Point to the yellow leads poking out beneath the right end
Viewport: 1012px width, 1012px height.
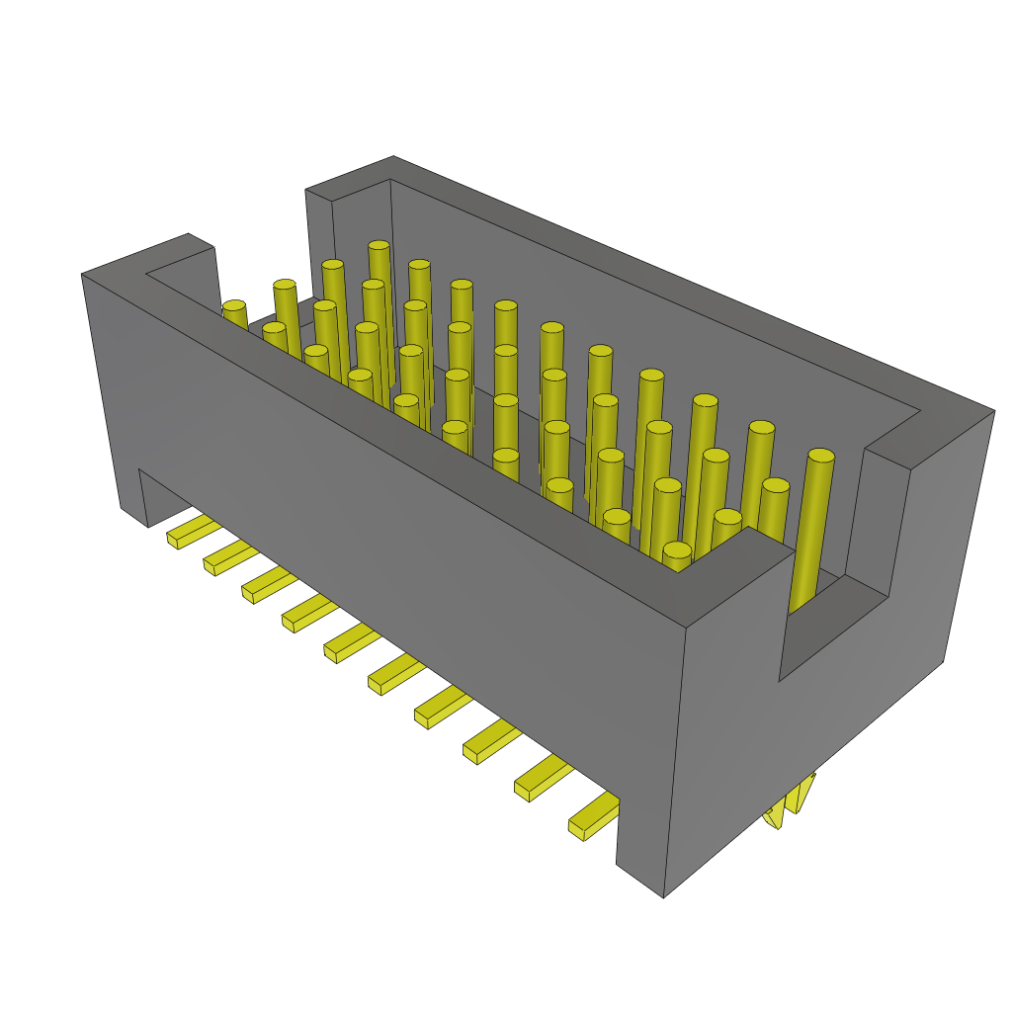point(791,801)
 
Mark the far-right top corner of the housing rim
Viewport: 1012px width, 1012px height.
point(991,409)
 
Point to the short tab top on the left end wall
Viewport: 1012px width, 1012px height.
point(188,247)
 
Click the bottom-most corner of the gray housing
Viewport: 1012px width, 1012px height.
point(663,895)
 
